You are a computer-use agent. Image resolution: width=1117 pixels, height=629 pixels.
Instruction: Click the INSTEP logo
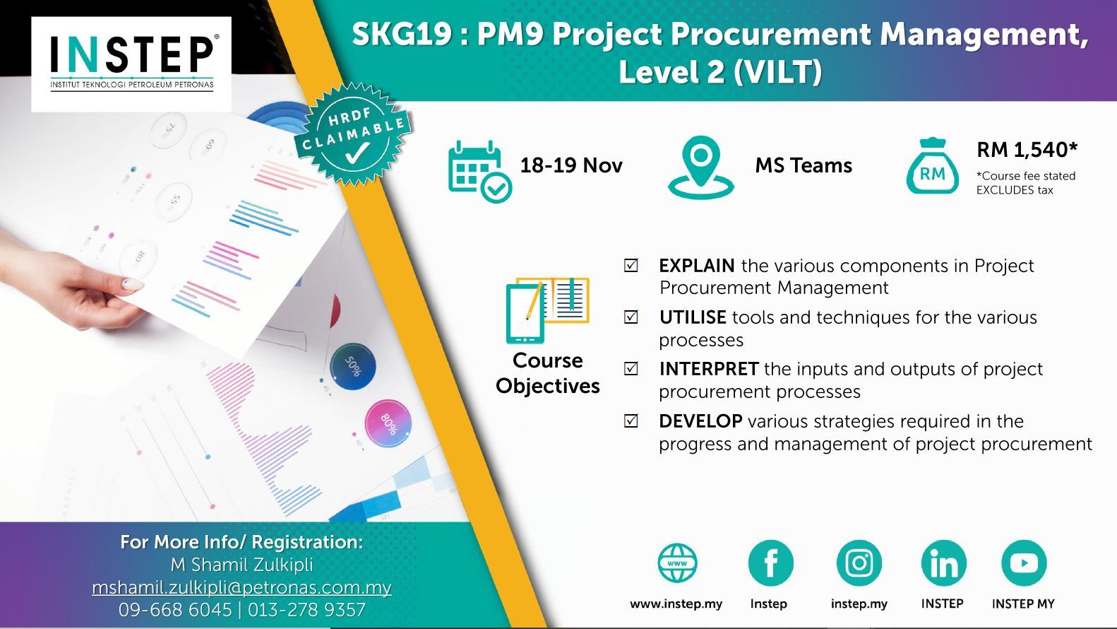coord(131,64)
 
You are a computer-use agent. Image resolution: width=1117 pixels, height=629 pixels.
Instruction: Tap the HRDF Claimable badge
coord(353,134)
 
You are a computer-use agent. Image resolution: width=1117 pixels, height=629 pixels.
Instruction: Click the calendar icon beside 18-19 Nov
coord(479,172)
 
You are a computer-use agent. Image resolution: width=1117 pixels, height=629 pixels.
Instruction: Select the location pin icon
coord(700,167)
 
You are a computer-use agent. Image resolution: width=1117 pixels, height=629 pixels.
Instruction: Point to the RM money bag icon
coord(932,166)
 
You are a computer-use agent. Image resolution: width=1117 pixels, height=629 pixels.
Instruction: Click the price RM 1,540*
coord(1027,149)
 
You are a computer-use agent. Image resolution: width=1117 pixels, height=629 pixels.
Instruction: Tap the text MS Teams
coord(804,165)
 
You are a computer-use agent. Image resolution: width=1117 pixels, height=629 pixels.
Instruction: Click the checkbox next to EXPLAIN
coord(631,265)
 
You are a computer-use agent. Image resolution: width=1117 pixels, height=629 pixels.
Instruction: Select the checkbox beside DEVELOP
coord(631,421)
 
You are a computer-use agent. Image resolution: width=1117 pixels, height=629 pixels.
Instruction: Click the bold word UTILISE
coord(693,317)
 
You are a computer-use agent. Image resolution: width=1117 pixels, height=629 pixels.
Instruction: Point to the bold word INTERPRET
coord(709,369)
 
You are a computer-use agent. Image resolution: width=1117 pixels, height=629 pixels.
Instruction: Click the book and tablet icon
coord(547,310)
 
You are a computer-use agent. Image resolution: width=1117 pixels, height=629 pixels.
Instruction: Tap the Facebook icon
coord(770,563)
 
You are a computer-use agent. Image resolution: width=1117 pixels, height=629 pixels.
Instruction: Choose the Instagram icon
coord(859,563)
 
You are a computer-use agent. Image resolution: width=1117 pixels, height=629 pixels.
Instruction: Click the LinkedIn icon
coord(943,563)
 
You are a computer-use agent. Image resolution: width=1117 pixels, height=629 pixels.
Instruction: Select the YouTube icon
coord(1024,563)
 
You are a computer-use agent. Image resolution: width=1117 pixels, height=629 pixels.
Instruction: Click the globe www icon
coord(677,563)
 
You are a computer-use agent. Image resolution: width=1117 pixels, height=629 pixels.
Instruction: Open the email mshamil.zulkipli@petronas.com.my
coord(242,587)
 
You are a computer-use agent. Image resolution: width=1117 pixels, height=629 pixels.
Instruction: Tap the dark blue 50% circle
coord(352,366)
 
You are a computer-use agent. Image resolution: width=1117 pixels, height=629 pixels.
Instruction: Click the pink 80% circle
coord(388,424)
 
